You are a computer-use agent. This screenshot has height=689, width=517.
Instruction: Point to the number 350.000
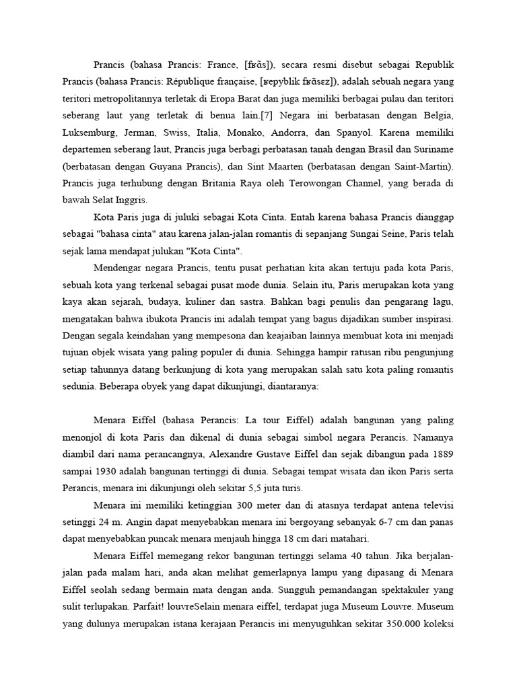click(x=397, y=623)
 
